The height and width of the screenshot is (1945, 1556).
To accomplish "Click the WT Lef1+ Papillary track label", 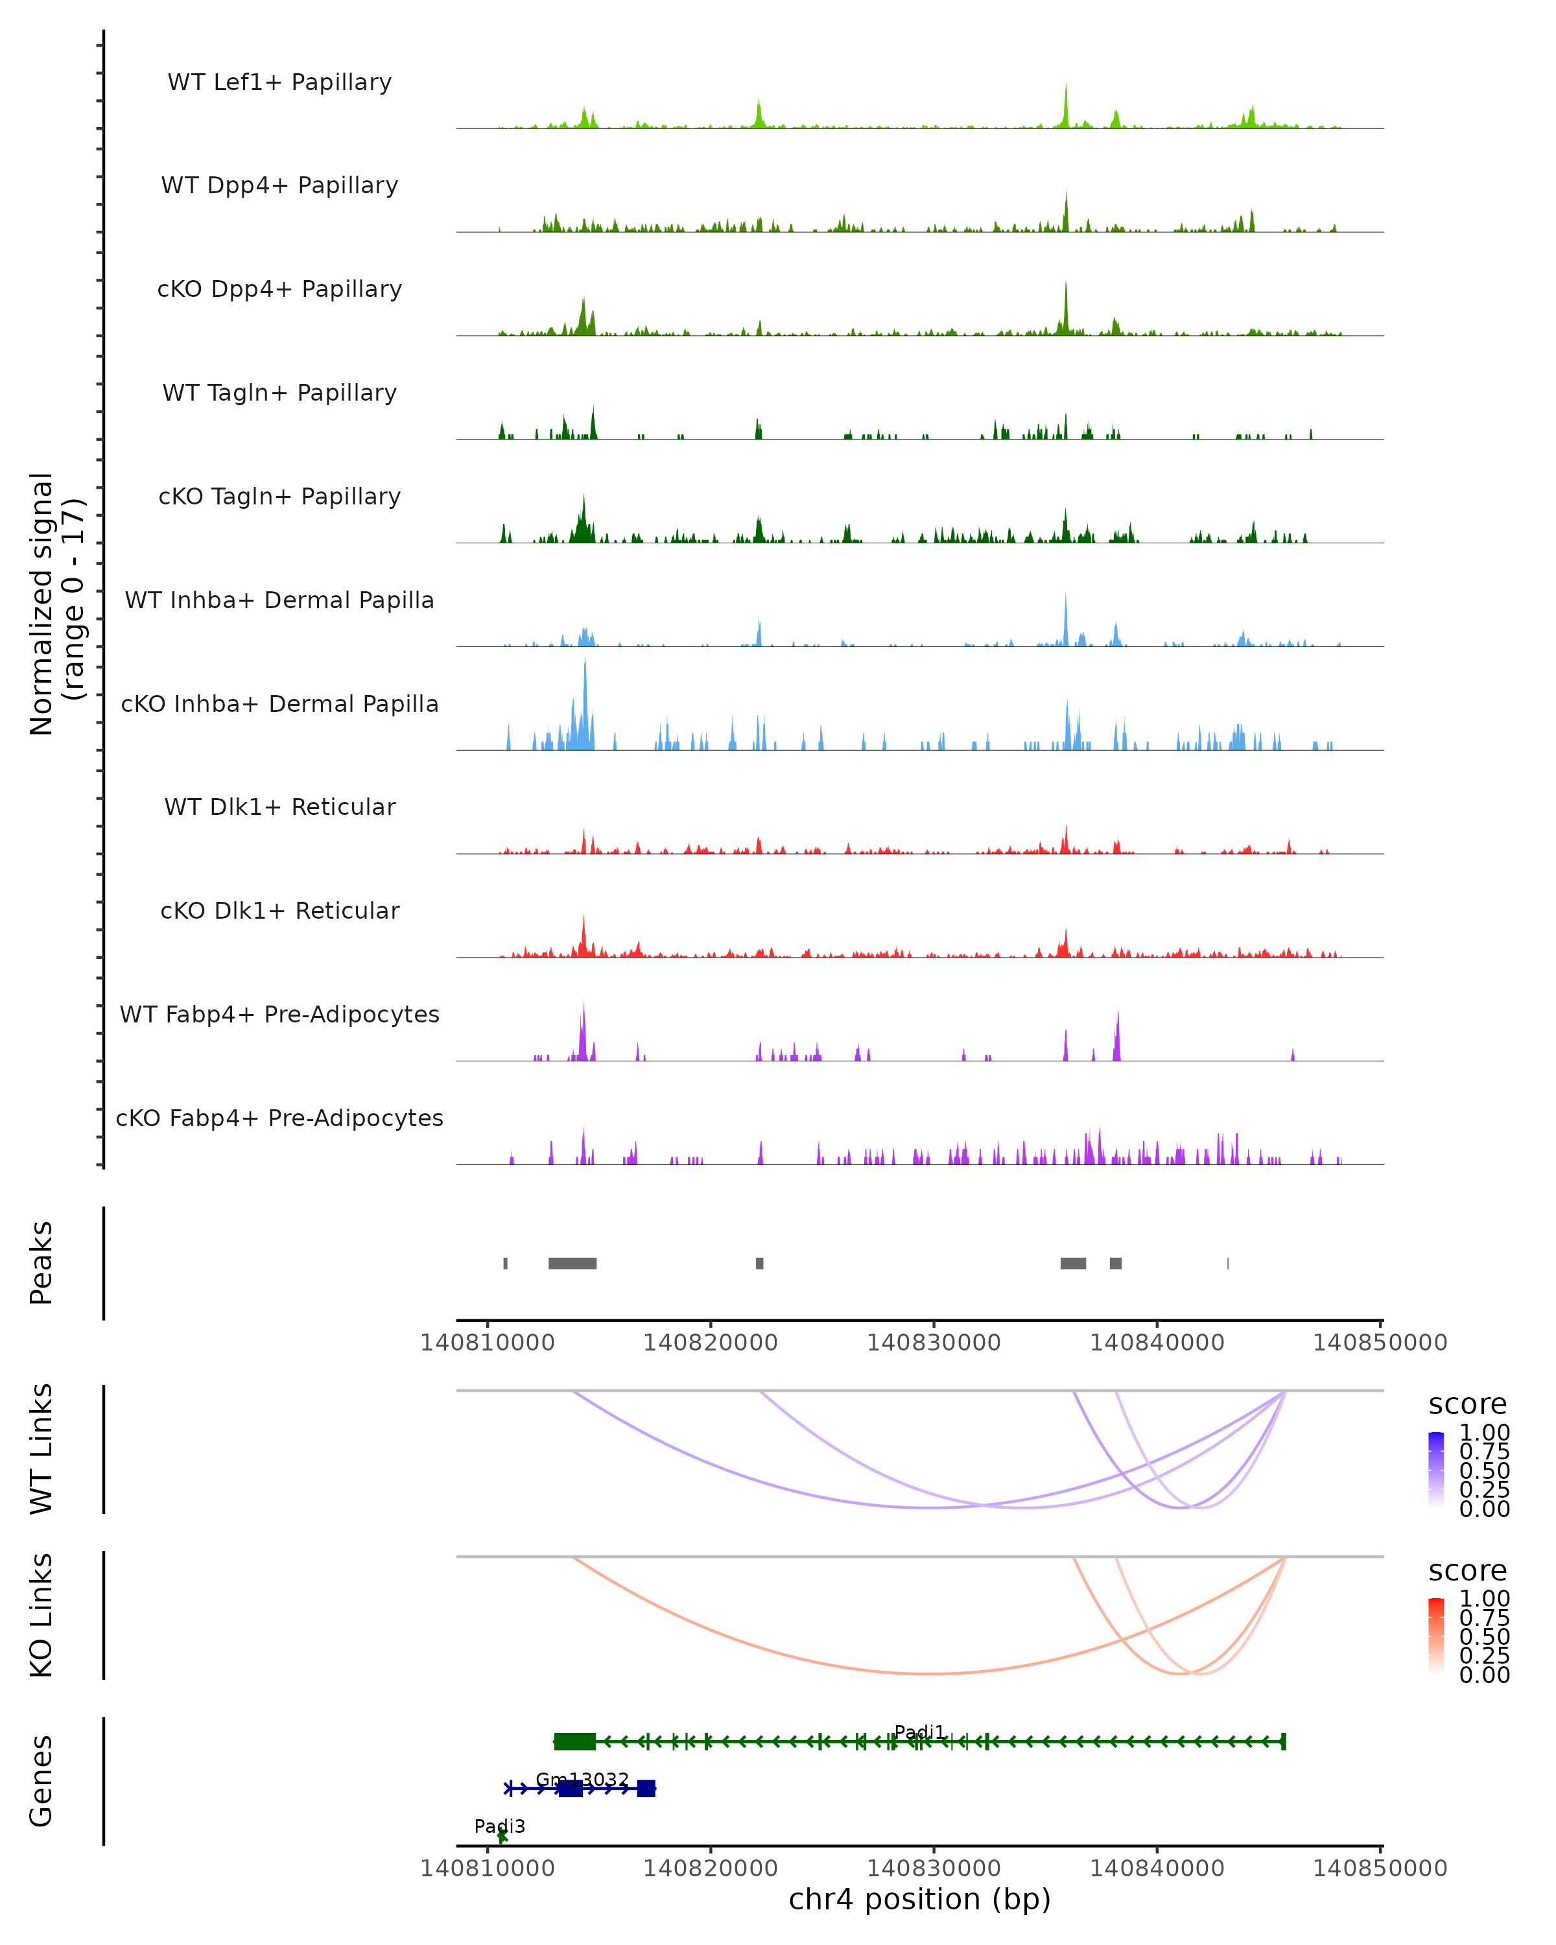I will [279, 82].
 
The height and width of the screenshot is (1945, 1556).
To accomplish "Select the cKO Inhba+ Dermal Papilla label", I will [279, 703].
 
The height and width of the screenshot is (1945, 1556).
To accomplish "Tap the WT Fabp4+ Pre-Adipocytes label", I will [279, 1014].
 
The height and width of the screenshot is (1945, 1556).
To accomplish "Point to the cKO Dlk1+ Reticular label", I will [279, 910].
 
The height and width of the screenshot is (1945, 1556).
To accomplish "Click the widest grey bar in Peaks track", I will [572, 1263].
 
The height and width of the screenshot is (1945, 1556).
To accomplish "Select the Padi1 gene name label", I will [919, 1731].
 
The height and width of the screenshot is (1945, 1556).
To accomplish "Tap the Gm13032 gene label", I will [582, 1779].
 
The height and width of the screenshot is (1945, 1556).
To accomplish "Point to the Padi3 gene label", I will [500, 1826].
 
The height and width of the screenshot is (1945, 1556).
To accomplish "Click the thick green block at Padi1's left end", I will [574, 1741].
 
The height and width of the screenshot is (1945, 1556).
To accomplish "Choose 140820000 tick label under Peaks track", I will [711, 1343].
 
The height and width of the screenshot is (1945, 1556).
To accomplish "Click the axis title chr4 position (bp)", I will [919, 1899].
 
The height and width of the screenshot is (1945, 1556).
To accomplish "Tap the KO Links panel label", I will [41, 1615].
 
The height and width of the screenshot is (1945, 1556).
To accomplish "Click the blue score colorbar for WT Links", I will [1436, 1468].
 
